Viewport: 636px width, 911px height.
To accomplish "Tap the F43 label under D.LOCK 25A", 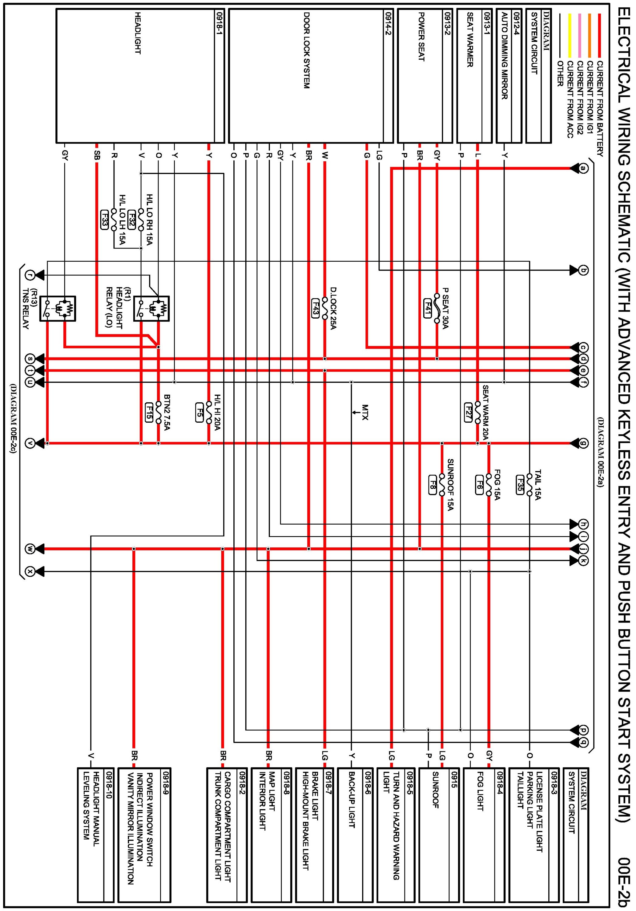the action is click(x=316, y=307).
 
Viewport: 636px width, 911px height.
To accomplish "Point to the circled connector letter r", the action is click(x=30, y=274).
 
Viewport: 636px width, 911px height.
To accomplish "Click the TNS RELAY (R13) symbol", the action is click(x=58, y=309).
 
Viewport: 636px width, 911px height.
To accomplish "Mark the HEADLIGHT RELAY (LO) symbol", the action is click(x=152, y=309).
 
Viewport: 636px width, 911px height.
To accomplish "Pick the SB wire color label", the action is click(x=97, y=155).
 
